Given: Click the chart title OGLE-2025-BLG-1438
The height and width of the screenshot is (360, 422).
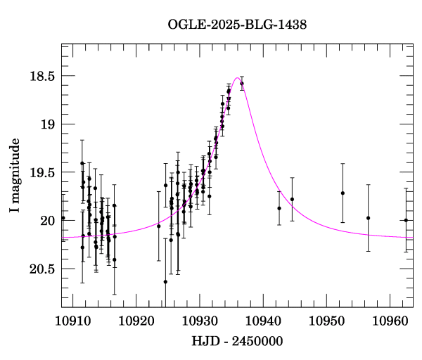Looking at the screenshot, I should point(237,24).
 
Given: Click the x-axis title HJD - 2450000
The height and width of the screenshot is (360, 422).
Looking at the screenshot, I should point(237,342).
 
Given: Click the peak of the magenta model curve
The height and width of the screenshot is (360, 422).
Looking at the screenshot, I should point(237,78).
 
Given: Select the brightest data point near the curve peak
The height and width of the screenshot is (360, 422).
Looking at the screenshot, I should point(242,84).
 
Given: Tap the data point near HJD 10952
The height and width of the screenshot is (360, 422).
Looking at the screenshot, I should point(343,193).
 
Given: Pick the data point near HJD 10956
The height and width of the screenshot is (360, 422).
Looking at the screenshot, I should point(368,218).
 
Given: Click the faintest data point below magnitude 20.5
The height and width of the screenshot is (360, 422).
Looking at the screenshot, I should point(165,282).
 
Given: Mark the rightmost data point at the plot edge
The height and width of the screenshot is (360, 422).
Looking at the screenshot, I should point(406,220).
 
